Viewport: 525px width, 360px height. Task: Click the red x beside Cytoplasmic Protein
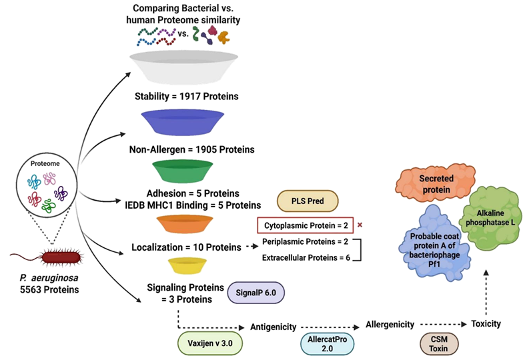tap(360, 225)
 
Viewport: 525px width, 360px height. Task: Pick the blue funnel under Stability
tap(185, 122)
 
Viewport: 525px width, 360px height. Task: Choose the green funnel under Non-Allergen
tap(185, 171)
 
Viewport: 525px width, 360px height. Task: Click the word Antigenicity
tap(273, 327)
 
